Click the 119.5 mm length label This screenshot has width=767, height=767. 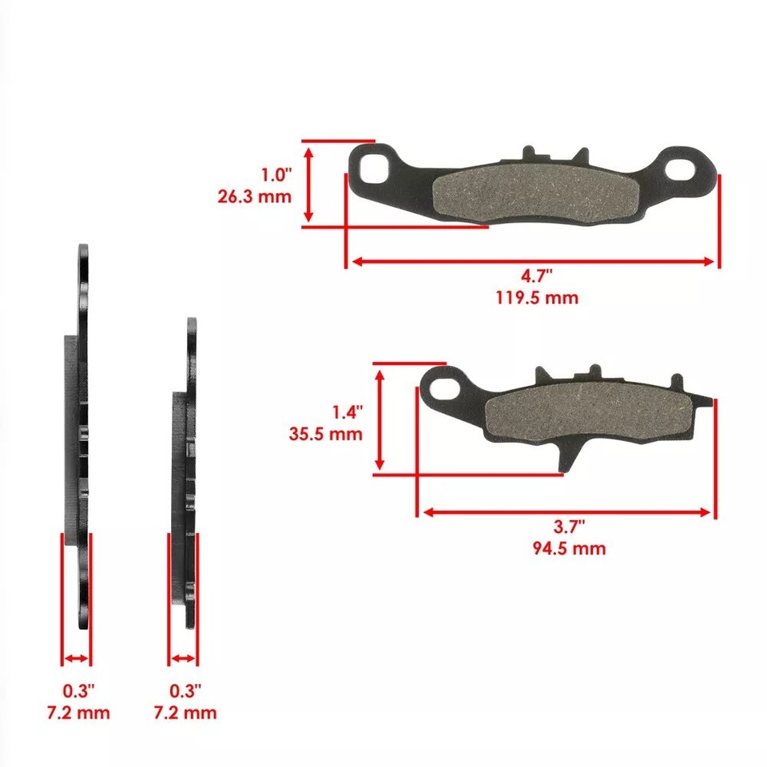536,298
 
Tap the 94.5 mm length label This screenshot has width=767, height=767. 568,548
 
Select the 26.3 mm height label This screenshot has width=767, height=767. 254,196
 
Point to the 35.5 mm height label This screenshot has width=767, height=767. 325,435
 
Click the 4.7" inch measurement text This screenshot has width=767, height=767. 537,276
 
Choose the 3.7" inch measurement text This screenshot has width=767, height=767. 568,527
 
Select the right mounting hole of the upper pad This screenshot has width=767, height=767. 682,168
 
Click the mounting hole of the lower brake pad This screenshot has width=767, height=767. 444,388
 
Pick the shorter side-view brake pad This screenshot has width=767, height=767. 185,471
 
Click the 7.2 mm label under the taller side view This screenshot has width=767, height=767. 77,712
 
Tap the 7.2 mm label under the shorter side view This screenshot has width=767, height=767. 185,712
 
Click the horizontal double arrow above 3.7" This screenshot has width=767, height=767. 566,512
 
